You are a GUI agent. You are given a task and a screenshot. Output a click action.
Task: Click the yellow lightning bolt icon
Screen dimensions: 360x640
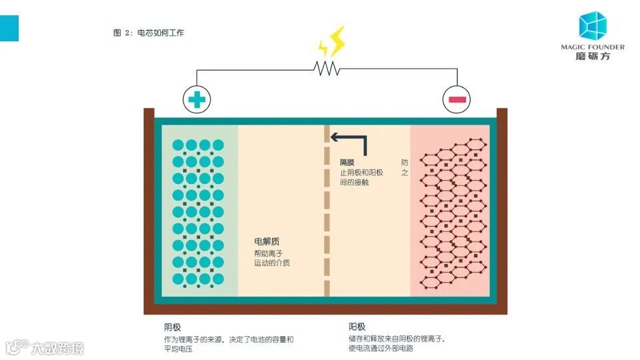click(x=332, y=42)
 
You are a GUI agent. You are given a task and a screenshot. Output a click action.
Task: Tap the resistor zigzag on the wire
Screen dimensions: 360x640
click(x=327, y=68)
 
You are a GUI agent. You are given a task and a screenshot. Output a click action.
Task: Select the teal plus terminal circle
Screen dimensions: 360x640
click(x=197, y=100)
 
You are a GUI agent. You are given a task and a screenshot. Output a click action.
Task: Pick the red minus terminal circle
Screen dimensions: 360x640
click(x=457, y=100)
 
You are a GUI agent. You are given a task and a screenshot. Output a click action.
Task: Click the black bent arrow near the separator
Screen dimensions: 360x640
click(x=349, y=141)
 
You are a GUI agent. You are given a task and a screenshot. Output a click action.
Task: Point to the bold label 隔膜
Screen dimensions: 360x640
click(x=348, y=162)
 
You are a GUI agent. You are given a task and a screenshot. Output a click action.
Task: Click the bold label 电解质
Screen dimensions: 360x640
click(x=266, y=241)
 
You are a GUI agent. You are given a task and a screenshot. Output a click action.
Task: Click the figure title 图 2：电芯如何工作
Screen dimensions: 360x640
click(x=148, y=33)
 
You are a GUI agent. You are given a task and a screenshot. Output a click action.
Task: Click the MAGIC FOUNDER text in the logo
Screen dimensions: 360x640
click(x=593, y=47)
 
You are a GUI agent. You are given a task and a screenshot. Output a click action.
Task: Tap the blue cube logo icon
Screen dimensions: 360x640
click(x=592, y=25)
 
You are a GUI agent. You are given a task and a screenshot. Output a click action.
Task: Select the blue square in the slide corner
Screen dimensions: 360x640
click(x=9, y=27)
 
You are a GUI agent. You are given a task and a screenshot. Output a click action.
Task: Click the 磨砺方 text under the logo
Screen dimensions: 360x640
click(x=592, y=57)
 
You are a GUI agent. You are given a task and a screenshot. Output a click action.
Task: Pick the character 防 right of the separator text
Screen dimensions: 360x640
click(x=405, y=162)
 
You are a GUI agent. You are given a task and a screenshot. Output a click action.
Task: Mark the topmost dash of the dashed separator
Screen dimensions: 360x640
click(x=327, y=133)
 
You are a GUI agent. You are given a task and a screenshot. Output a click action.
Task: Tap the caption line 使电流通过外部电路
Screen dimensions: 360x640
click(x=381, y=349)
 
